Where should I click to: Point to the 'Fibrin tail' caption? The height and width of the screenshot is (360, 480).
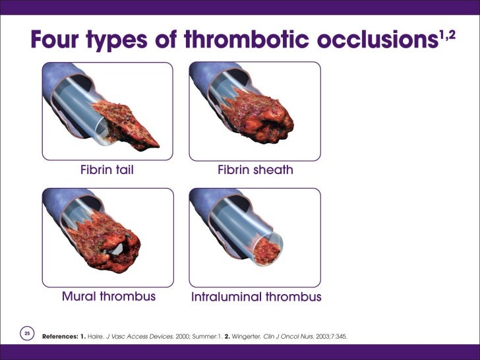107,170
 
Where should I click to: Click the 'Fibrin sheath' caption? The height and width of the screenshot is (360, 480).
255,170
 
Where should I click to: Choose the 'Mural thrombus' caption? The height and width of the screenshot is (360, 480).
109,296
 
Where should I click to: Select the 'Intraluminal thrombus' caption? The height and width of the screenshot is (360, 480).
256,297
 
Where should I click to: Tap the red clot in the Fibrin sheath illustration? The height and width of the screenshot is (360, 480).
260,119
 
